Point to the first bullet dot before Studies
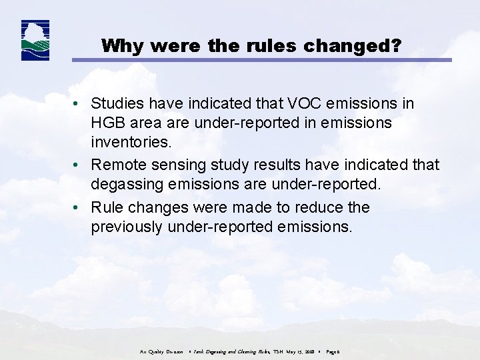pos(79,104)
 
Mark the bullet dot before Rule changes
pos(79,208)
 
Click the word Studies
pos(117,104)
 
